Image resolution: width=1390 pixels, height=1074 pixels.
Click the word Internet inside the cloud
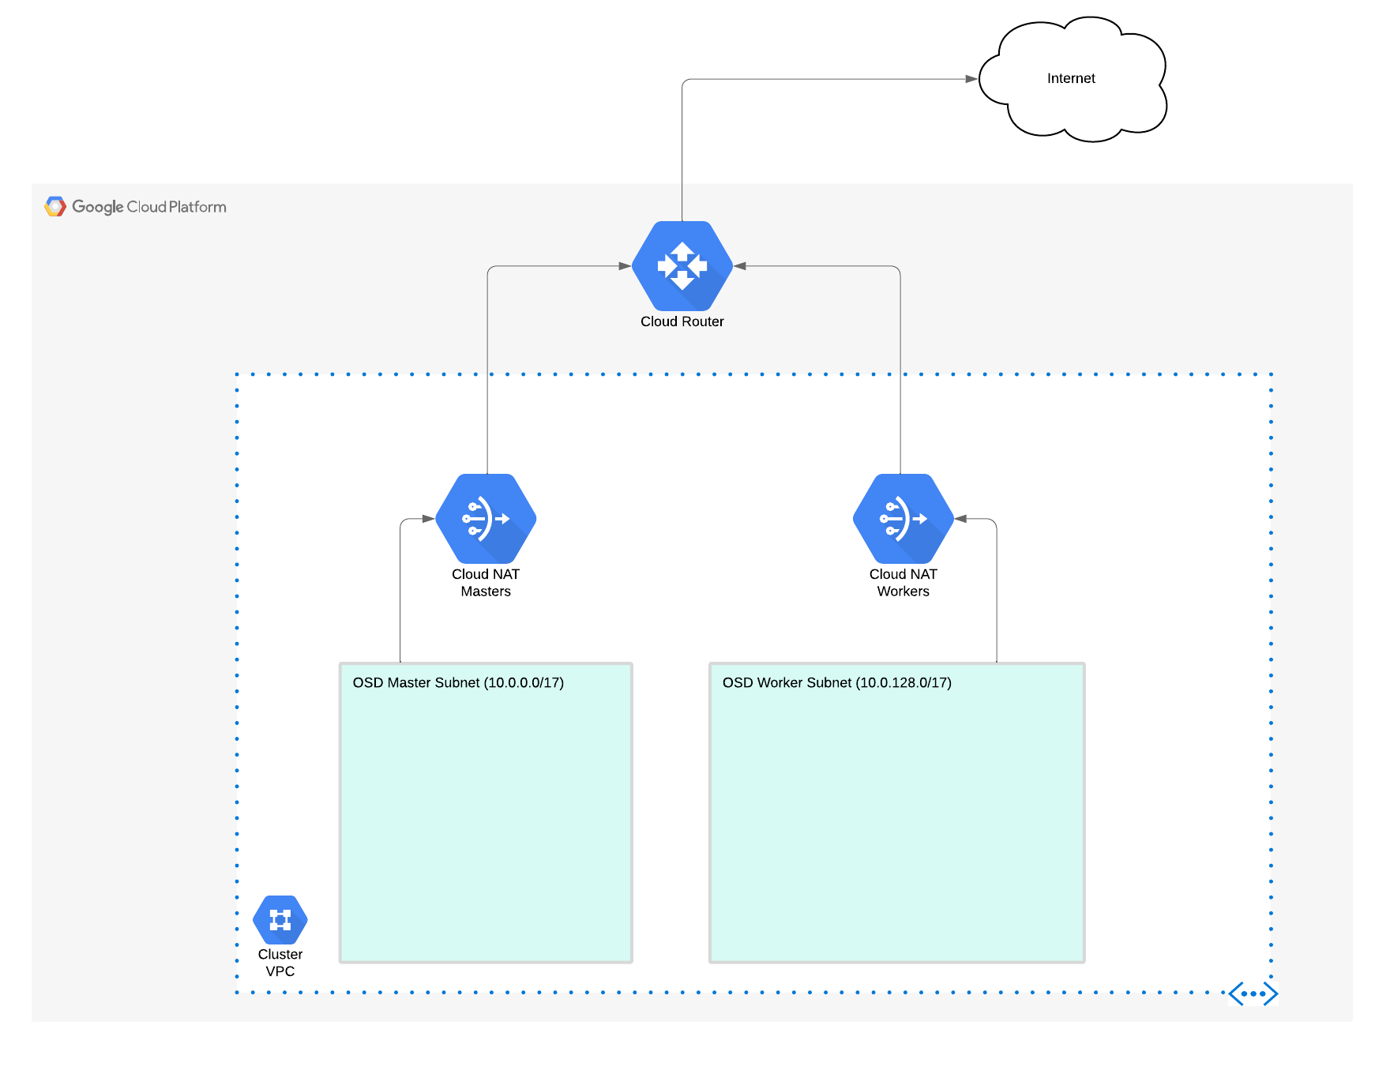click(1071, 78)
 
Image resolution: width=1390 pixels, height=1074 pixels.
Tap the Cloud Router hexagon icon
click(682, 266)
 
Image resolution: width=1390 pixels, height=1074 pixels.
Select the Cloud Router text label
click(682, 321)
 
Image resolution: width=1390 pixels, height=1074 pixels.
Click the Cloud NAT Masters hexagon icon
click(486, 519)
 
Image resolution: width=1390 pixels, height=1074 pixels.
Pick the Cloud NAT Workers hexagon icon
click(903, 519)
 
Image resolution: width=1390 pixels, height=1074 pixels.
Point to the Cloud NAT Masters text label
click(486, 583)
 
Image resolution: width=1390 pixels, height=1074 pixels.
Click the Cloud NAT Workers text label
click(903, 583)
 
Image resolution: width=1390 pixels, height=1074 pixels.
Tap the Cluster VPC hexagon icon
click(280, 920)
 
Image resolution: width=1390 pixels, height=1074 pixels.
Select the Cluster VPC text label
click(280, 963)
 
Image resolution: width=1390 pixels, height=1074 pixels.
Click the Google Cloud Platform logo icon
click(55, 207)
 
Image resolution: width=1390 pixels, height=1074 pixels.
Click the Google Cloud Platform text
click(149, 207)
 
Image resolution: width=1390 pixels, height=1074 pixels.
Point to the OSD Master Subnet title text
click(458, 682)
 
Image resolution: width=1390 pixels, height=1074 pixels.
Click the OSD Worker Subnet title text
click(837, 682)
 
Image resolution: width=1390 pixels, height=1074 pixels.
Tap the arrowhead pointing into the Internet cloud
click(971, 79)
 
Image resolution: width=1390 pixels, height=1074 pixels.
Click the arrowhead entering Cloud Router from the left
click(625, 266)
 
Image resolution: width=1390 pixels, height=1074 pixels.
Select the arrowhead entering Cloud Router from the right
click(741, 266)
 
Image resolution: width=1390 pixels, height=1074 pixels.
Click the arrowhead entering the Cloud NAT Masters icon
click(428, 519)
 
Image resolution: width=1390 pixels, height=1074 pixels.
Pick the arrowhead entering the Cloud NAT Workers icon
click(961, 519)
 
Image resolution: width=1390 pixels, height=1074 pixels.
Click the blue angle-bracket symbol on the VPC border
click(1253, 993)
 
